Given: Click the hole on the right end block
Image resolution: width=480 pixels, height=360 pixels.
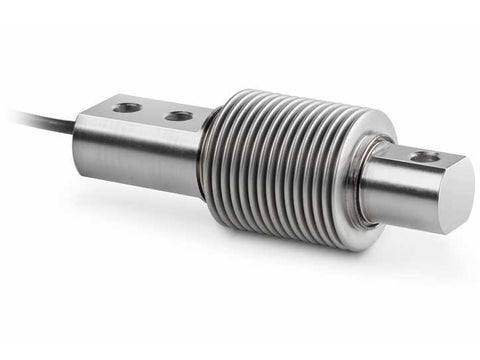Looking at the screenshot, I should pyautogui.click(x=424, y=156).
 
